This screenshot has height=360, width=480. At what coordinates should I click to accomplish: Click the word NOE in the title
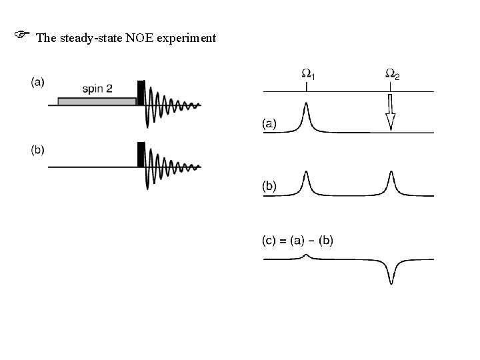(137, 38)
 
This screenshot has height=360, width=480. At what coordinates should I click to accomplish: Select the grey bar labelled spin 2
(97, 101)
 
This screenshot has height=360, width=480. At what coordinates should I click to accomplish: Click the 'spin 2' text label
(97, 88)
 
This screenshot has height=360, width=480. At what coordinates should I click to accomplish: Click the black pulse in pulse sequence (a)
(141, 92)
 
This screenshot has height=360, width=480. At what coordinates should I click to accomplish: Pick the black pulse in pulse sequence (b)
(141, 154)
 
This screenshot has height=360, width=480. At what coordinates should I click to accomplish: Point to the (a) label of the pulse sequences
(38, 82)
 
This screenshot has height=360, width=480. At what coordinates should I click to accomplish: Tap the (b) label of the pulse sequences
(38, 149)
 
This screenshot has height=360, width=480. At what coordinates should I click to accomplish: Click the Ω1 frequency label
(307, 73)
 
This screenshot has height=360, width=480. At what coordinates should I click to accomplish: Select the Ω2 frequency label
(393, 73)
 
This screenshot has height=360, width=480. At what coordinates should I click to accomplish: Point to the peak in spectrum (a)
(305, 115)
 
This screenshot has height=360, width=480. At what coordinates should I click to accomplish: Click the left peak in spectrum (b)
(305, 181)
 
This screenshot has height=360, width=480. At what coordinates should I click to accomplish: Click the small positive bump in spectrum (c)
(305, 256)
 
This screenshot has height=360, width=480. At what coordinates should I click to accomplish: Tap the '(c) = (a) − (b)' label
(296, 239)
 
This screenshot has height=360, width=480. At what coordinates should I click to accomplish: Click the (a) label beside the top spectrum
(269, 123)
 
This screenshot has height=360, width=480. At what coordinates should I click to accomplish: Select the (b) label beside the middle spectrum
(269, 187)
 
